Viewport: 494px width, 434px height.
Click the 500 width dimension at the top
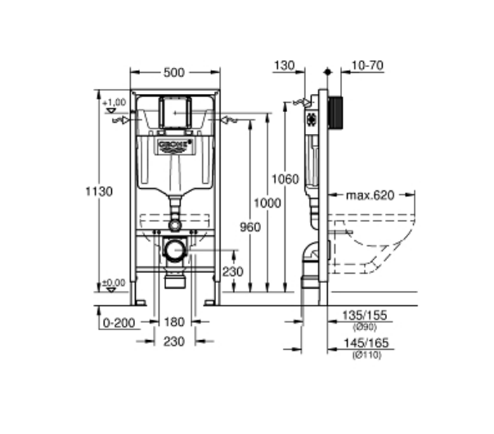coord(173,73)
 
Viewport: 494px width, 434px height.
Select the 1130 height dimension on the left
coord(99,190)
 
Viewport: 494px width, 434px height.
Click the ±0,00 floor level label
coord(115,282)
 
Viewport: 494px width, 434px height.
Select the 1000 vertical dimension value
coord(263,202)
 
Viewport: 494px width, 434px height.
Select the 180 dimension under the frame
coord(173,322)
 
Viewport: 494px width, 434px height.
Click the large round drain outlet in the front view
coord(173,250)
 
